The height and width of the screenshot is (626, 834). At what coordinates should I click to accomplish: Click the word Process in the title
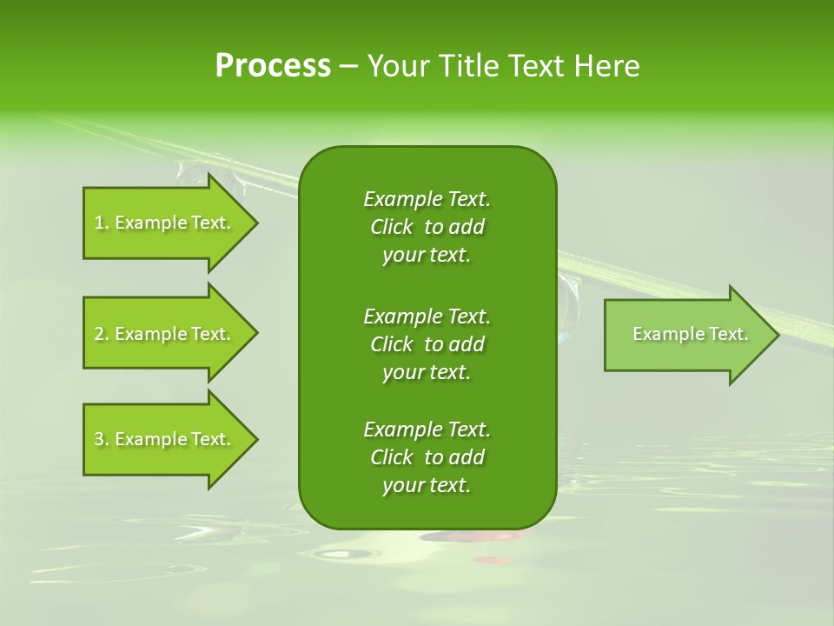[x=273, y=66]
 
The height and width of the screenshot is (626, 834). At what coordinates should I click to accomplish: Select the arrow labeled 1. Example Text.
[x=165, y=223]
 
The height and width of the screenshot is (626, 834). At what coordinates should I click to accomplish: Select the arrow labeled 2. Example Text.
[x=165, y=334]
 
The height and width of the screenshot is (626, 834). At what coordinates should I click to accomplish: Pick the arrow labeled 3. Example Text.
[x=165, y=439]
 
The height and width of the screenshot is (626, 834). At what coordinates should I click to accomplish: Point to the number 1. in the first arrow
[x=102, y=223]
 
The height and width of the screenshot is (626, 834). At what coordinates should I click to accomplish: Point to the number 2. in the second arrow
[x=102, y=334]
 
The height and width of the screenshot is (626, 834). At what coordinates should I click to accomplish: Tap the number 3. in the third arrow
[x=102, y=439]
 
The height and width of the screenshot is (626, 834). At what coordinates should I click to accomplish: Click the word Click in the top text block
[x=392, y=227]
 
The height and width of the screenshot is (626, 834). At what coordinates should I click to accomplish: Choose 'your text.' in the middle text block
[x=427, y=372]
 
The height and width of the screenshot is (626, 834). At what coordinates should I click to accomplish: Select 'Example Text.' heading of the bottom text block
[x=427, y=430]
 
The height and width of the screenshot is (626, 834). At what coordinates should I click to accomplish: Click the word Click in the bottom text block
[x=392, y=457]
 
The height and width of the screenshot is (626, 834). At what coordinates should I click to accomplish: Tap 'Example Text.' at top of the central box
[x=427, y=199]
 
